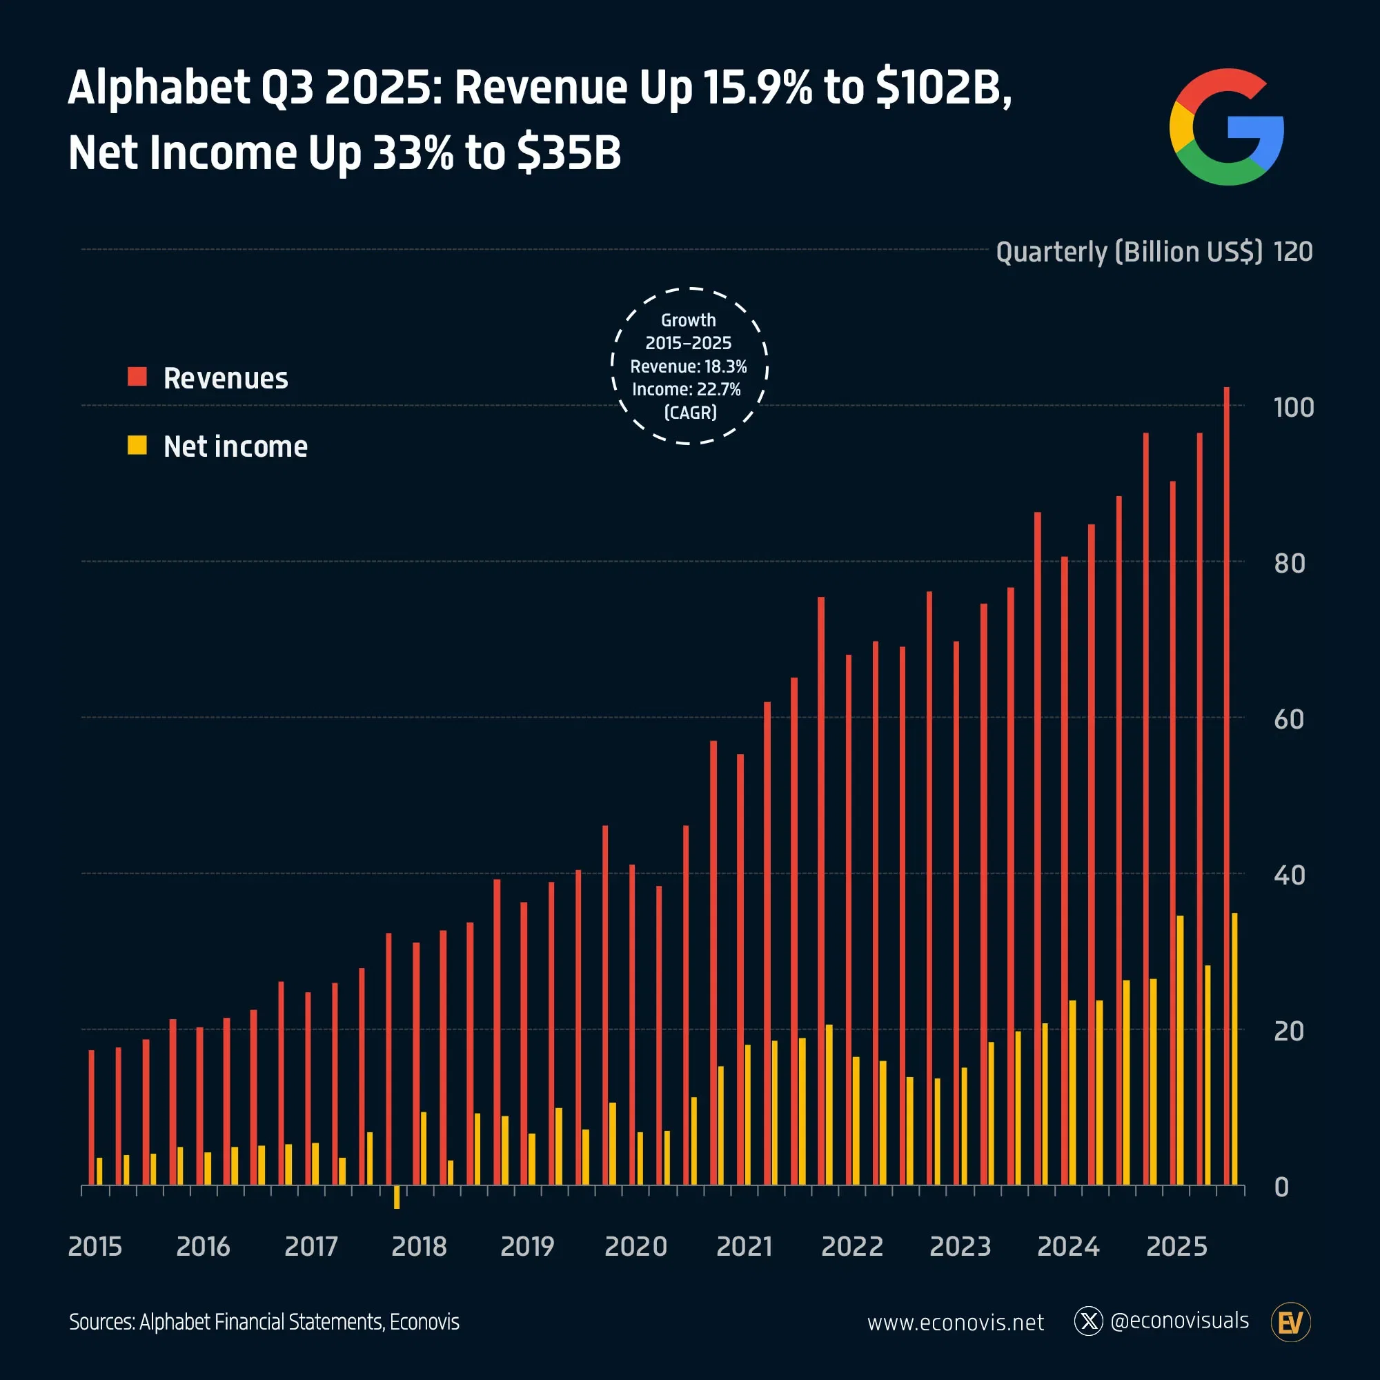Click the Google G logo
tap(1225, 127)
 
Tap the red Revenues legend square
tap(137, 377)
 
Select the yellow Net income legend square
tap(137, 445)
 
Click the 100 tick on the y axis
tap(1294, 408)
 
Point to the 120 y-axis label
tap(1293, 251)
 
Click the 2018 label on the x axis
tap(419, 1246)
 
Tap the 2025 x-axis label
tap(1176, 1246)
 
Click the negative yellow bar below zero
tap(397, 1196)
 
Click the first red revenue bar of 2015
tap(92, 1117)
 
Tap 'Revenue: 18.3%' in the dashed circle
tap(688, 366)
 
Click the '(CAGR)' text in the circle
tap(690, 412)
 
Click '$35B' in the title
tap(569, 153)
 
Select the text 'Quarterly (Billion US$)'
tap(1129, 251)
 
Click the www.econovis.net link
tap(955, 1323)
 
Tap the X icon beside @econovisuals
tap(1089, 1321)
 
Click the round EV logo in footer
tap(1291, 1323)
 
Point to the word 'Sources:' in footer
tap(101, 1322)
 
